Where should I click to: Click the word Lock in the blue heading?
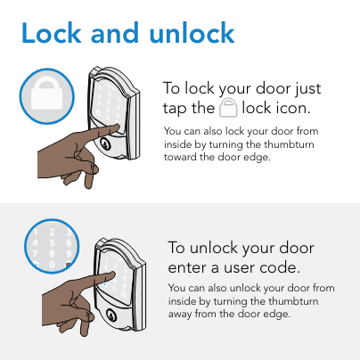[x=52, y=33]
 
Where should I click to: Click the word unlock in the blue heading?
[x=192, y=33]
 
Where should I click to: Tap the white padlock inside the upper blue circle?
[x=47, y=94]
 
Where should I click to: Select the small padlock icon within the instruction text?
[x=228, y=108]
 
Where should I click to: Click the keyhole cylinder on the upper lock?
[x=105, y=143]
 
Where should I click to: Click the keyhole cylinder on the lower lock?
[x=110, y=315]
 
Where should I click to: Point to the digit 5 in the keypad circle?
[x=52, y=243]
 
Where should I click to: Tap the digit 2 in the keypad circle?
[x=52, y=233]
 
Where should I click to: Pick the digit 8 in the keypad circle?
[x=52, y=254]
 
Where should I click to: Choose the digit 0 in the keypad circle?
[x=52, y=265]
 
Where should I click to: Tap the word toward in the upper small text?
[x=180, y=157]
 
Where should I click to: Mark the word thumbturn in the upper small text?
[x=289, y=144]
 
